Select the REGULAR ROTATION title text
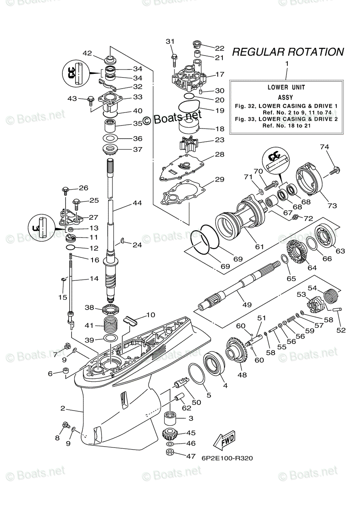(287, 52)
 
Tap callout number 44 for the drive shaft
(137, 203)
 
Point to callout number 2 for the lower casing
(62, 408)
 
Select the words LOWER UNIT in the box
(286, 87)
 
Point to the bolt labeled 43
(91, 100)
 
